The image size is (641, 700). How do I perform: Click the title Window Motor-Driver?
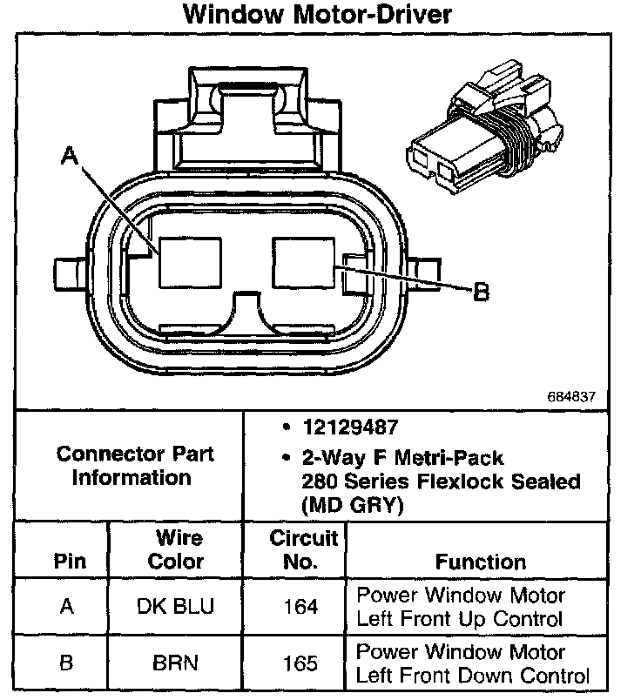click(318, 16)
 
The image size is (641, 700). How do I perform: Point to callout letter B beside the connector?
click(480, 293)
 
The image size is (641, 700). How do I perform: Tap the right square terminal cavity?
click(305, 262)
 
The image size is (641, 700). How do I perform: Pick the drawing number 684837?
click(571, 395)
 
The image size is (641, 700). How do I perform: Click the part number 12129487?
click(352, 428)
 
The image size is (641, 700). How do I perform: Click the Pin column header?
click(70, 562)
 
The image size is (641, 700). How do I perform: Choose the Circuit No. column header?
click(300, 549)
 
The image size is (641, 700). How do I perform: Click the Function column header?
click(480, 562)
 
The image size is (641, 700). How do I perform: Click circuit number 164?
click(300, 607)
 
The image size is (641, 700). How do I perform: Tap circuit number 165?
click(300, 663)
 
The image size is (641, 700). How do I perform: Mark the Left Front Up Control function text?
click(460, 619)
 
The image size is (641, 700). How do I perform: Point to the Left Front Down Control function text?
click(473, 675)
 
